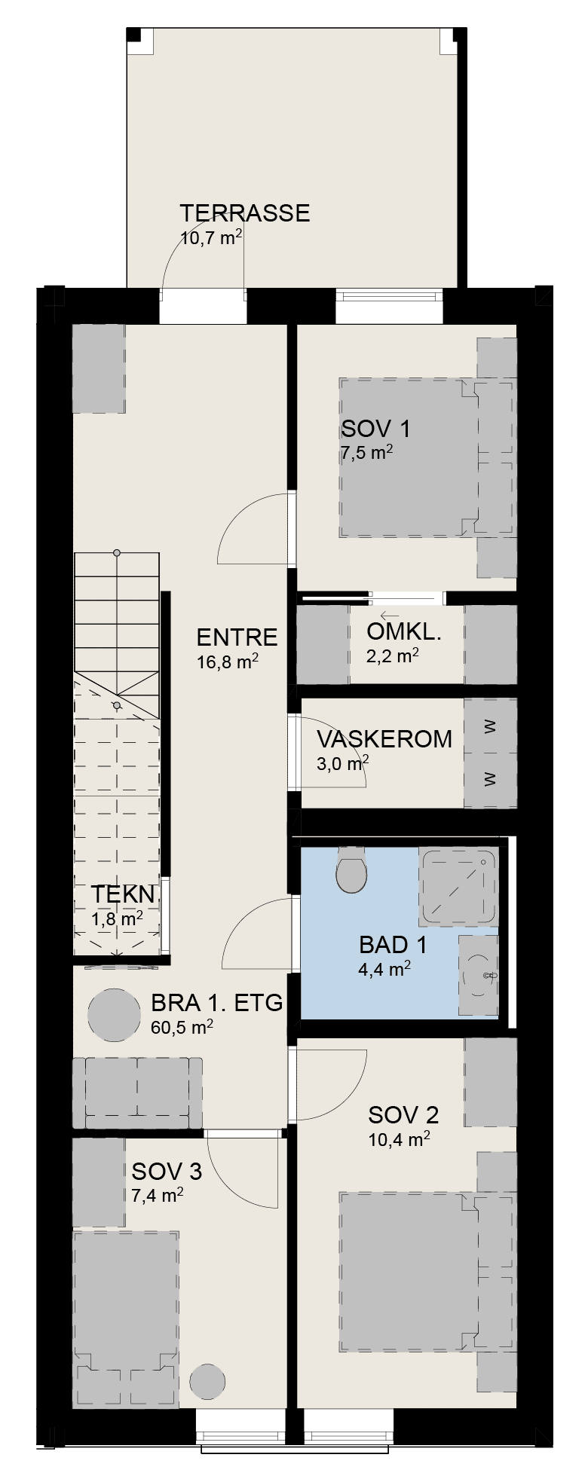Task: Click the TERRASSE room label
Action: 245,213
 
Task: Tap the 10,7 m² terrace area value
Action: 211,237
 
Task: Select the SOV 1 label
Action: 376,429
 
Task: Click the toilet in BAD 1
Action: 351,870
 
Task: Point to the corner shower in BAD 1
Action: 459,887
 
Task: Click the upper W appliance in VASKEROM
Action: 490,728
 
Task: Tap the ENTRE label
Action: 237,637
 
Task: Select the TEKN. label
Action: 124,895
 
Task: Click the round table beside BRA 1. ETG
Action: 114,1015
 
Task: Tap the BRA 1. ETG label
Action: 217,1003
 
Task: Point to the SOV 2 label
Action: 403,1114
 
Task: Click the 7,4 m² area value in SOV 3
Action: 158,1196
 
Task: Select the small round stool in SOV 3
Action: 207,1380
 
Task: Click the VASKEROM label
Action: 384,739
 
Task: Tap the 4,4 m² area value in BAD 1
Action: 384,968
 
